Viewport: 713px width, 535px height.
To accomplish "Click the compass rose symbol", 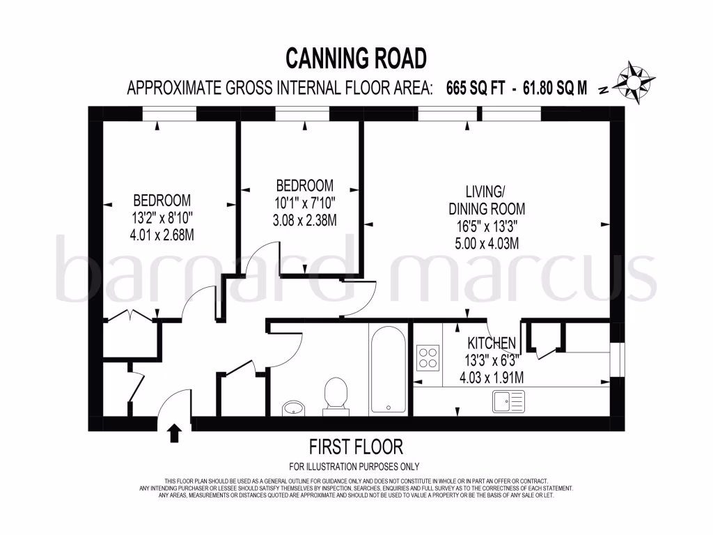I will pos(633,83).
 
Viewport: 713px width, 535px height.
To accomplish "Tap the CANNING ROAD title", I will pos(356,59).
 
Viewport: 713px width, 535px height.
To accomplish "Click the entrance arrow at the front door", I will pos(174,433).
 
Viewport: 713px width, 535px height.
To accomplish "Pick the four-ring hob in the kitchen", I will pos(428,358).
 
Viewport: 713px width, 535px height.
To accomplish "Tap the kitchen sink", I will pos(509,401).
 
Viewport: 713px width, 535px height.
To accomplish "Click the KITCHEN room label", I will pos(492,343).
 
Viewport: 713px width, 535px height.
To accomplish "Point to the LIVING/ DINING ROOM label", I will pos(486,200).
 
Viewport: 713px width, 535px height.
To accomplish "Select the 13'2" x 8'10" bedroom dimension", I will pos(162,217).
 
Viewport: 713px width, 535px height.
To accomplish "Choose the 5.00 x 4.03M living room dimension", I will pos(486,243).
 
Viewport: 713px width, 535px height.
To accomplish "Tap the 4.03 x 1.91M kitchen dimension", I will pos(492,378).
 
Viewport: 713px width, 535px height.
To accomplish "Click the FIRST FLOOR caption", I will pos(356,447).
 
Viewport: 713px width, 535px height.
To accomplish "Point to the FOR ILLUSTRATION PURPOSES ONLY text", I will pos(354,466).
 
